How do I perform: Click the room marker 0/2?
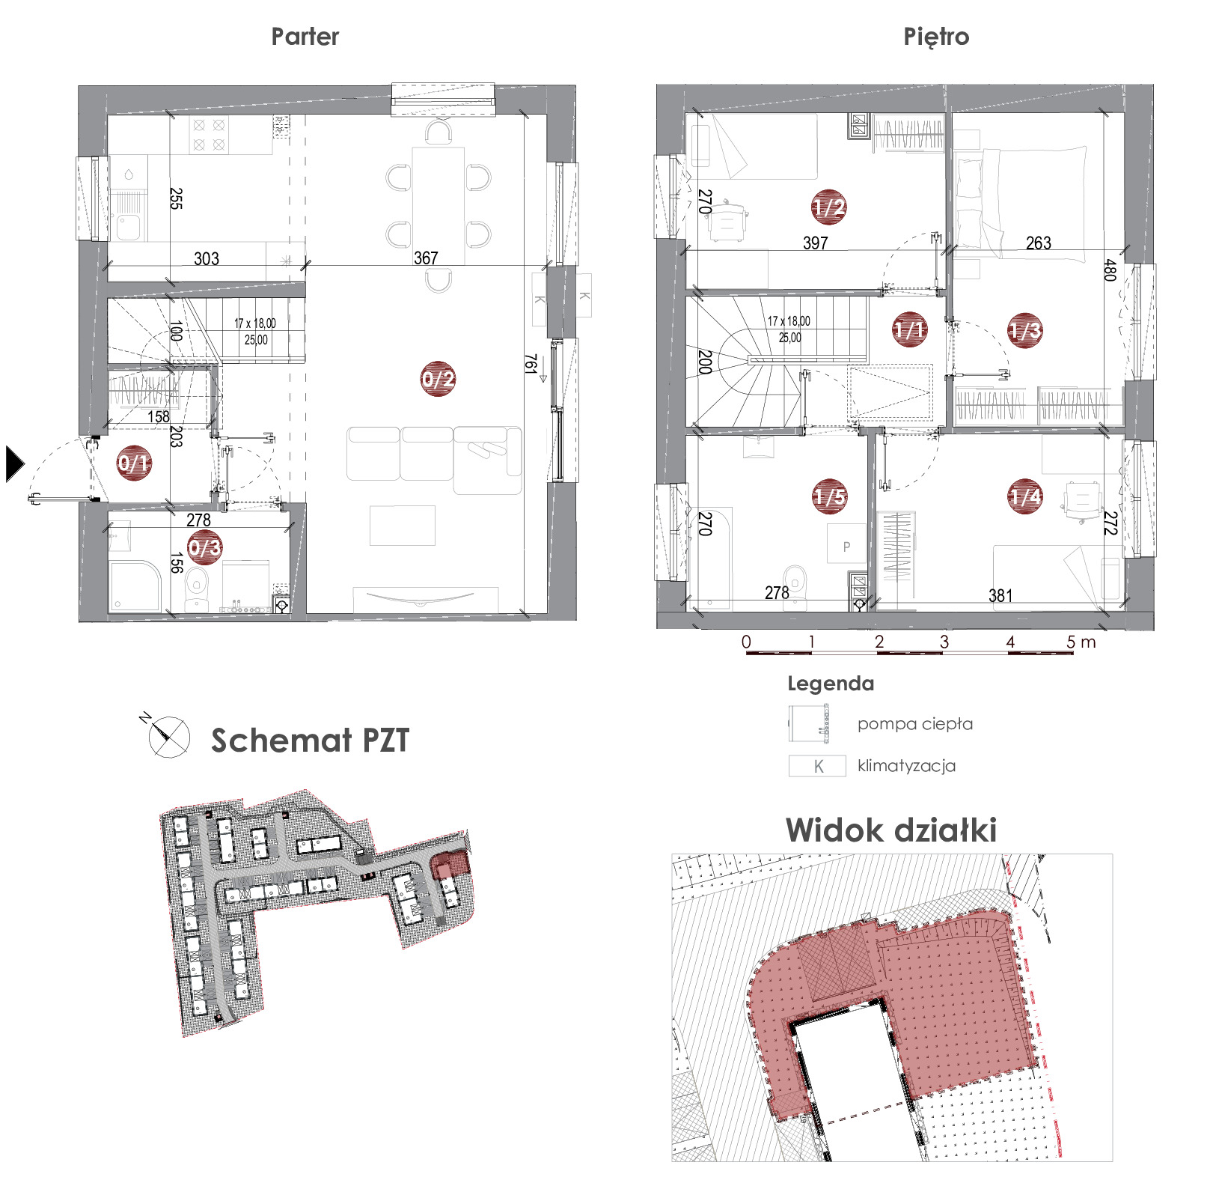click(438, 378)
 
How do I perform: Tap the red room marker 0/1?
click(134, 463)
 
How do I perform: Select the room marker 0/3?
click(204, 547)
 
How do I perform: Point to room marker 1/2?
click(829, 207)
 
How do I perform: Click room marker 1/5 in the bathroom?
click(830, 496)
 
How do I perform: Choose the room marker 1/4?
click(1025, 496)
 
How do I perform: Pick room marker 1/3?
click(1025, 330)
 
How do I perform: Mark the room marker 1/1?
click(910, 329)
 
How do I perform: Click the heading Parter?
click(305, 37)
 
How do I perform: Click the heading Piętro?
click(936, 37)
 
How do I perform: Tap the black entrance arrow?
click(14, 463)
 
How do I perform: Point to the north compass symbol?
click(166, 735)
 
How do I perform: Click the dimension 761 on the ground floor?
click(531, 364)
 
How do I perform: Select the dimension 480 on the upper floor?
click(1110, 270)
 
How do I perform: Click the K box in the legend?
click(817, 766)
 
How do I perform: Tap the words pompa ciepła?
click(915, 724)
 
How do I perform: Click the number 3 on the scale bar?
click(944, 642)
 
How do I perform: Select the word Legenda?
click(831, 684)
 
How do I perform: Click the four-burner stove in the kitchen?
click(209, 135)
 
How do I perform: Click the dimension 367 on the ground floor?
click(426, 258)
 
